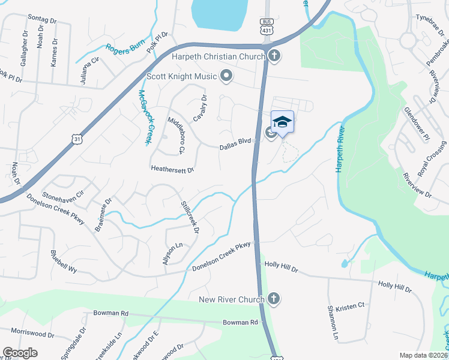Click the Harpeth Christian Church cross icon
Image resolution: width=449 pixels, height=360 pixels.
[274, 57]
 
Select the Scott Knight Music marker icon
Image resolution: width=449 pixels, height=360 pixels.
[226, 76]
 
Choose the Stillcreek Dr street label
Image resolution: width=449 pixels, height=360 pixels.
[190, 217]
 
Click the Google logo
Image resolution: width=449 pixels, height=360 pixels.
[20, 353]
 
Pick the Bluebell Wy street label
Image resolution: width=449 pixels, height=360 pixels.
[64, 262]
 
